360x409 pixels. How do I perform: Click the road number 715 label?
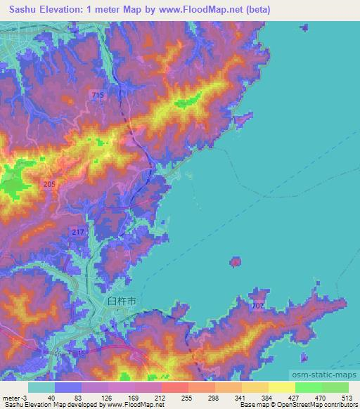point(97,94)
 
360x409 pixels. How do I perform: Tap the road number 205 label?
point(49,184)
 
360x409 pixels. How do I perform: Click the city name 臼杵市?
point(121,300)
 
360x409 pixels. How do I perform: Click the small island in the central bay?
point(235,262)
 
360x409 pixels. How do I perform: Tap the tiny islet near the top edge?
point(304,28)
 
